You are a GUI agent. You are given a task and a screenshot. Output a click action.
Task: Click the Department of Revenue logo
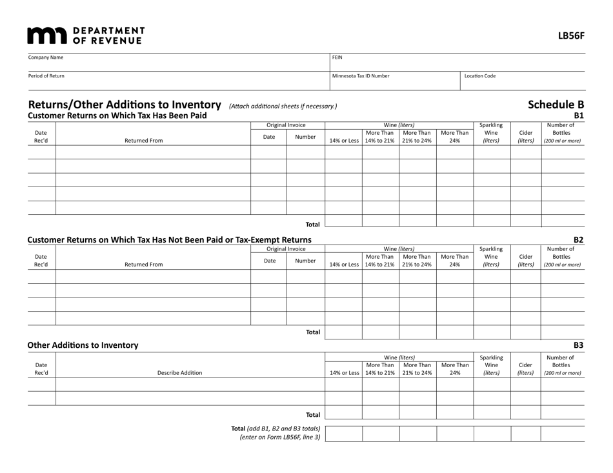pos(86,35)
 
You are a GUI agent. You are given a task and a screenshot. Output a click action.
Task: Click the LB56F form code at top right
pos(571,36)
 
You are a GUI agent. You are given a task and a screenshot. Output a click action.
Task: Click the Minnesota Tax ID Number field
pos(394,81)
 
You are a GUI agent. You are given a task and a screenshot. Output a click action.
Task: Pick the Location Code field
pos(523,81)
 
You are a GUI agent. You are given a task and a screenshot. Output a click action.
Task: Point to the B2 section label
pos(579,239)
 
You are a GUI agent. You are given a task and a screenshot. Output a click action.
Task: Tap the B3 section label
pos(579,345)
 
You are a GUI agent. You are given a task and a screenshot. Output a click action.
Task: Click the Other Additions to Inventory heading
pos(83,345)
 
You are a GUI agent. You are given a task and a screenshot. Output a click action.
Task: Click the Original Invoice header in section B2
pos(286,248)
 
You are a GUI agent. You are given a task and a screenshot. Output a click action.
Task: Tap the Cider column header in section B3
pos(525,368)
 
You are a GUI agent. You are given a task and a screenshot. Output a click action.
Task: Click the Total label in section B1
pos(312,225)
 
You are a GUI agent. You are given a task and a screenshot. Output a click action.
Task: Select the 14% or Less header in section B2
pos(343,265)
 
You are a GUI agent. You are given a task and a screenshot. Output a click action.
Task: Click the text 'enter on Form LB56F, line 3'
pos(280,438)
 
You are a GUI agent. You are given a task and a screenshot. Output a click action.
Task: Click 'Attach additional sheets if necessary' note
pos(278,106)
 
